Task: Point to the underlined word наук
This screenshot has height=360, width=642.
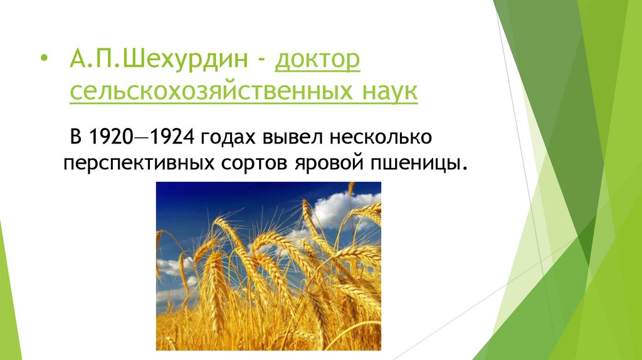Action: pos(389,93)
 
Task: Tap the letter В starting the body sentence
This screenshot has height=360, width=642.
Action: pos(76,135)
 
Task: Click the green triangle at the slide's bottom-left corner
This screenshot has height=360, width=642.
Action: pos(8,314)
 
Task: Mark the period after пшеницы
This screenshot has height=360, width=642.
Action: pos(465,167)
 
